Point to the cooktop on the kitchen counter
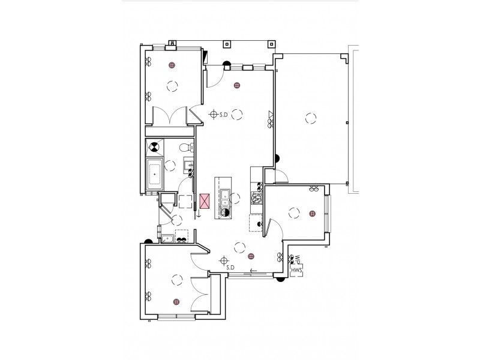click(x=257, y=197)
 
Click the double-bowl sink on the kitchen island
click(x=224, y=202)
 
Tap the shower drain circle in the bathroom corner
click(x=154, y=146)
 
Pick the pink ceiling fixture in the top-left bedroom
click(x=172, y=65)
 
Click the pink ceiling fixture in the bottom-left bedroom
click(x=176, y=302)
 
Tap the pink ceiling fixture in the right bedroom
click(x=312, y=213)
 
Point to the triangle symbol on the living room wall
click(x=271, y=114)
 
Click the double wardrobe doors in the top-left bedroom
click(x=170, y=115)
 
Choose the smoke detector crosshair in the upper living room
click(x=214, y=113)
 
